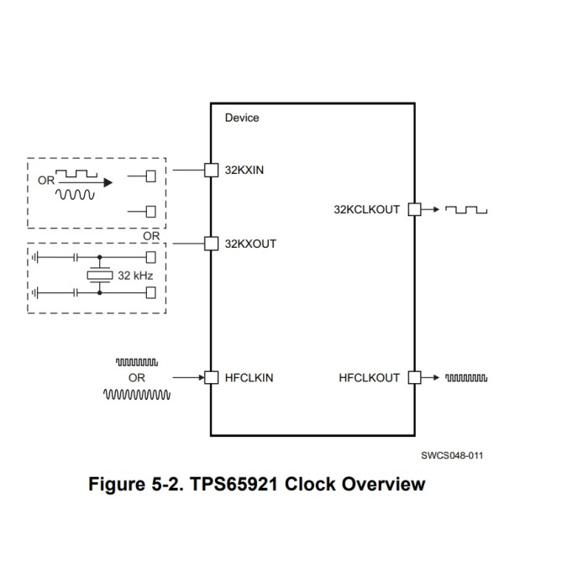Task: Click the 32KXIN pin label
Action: pos(244,170)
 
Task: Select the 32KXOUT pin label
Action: pos(250,244)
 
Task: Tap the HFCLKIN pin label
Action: pos(249,378)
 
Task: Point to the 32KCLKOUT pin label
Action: pos(367,210)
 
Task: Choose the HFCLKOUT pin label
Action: pos(370,378)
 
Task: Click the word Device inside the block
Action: pos(242,118)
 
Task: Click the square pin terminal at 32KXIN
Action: pos(212,170)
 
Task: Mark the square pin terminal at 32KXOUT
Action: pos(212,244)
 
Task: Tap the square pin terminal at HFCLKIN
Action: pos(212,378)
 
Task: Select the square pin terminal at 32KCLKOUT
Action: pos(413,210)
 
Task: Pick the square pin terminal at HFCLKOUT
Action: pos(413,378)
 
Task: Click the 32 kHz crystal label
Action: pos(135,275)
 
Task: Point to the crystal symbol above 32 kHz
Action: pos(100,275)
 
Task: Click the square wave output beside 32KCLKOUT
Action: pos(466,210)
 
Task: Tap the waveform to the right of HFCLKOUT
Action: pos(466,378)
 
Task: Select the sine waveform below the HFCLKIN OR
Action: pos(138,393)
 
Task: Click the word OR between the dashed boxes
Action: pos(151,236)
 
